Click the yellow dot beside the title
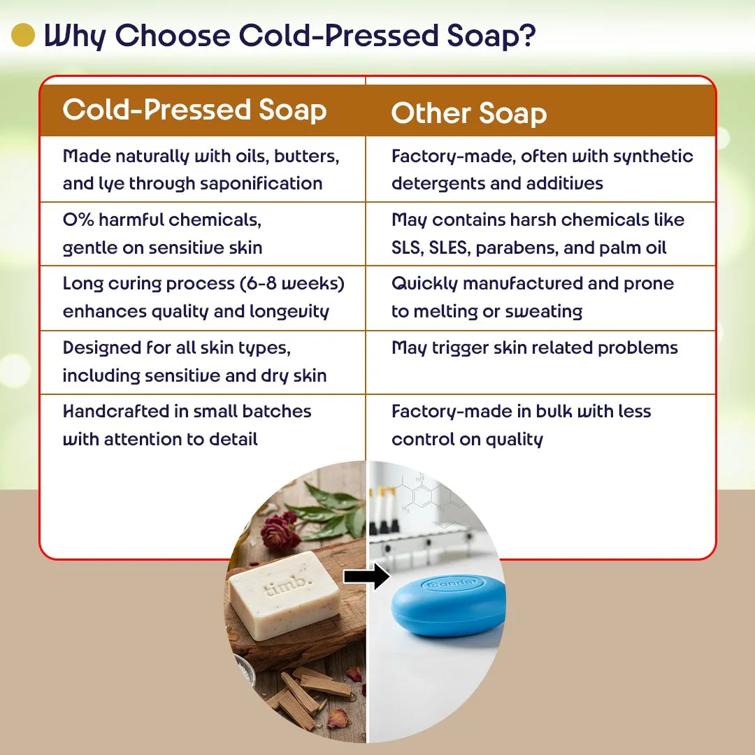pos(23,36)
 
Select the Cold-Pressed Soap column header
pos(194,110)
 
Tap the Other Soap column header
pos(468,113)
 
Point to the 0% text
pos(78,220)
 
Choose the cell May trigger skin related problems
pos(535,348)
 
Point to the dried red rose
pos(281,532)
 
